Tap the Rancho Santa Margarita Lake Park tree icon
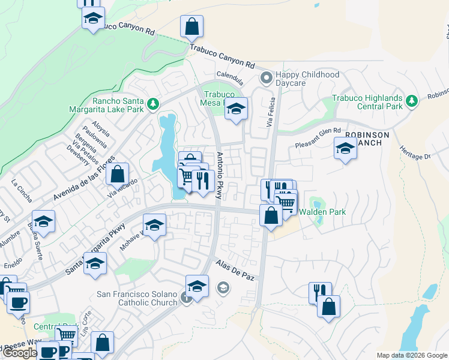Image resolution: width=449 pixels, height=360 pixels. click(153, 104)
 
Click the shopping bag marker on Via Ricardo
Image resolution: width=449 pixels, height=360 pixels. click(119, 175)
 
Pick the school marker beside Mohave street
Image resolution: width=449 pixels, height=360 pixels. click(155, 226)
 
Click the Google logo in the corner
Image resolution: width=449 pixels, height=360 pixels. click(20, 352)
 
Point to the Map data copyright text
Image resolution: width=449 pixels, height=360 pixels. click(411, 355)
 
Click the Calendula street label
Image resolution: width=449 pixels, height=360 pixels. click(231, 77)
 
